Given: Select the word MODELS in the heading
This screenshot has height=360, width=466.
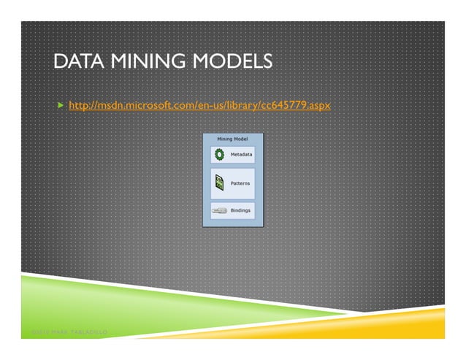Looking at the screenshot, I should (231, 63).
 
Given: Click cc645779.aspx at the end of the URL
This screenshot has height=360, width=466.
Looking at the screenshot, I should (299, 107).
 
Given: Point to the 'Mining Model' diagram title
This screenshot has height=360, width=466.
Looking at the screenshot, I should (233, 137).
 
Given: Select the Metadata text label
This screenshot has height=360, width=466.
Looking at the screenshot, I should (241, 155).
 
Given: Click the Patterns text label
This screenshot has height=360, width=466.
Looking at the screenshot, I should (241, 183).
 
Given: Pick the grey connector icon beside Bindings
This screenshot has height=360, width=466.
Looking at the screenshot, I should (219, 210).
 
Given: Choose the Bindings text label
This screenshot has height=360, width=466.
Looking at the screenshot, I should (241, 210).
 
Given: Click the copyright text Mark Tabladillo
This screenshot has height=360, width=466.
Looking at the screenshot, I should (69, 334).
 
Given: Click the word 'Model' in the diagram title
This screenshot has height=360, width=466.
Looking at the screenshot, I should (242, 137).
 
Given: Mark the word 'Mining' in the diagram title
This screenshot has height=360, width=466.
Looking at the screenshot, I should (224, 137).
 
